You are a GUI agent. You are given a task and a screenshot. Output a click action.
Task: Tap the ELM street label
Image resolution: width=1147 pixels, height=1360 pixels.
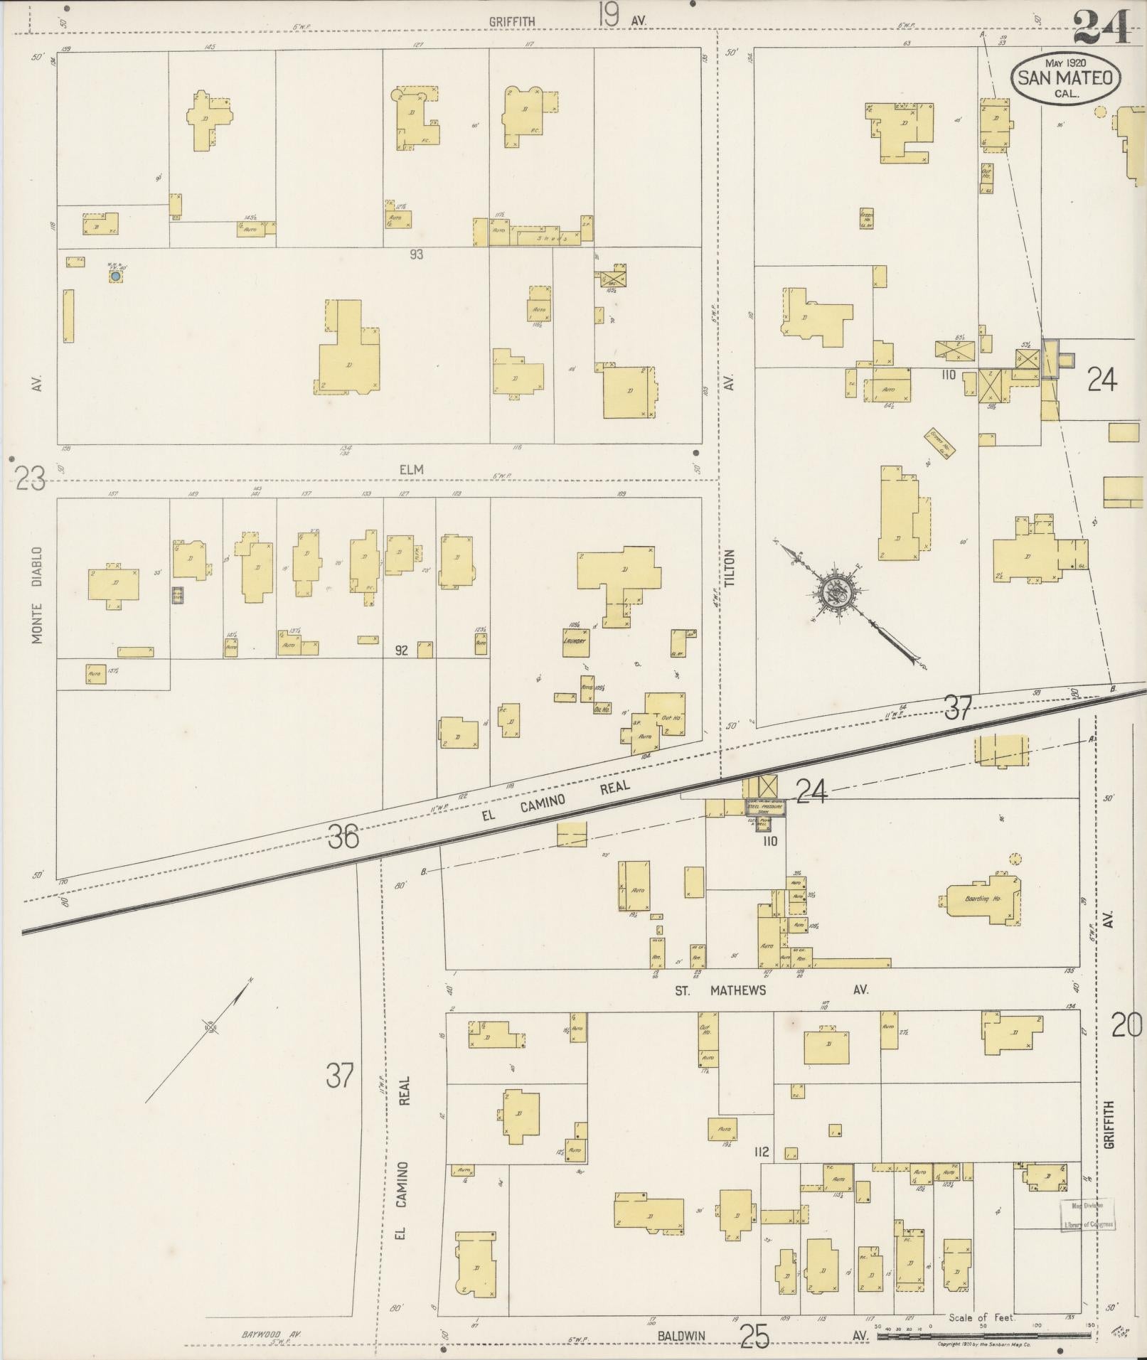pos(411,469)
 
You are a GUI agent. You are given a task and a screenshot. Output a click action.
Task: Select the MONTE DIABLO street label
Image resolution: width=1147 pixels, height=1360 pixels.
pos(37,595)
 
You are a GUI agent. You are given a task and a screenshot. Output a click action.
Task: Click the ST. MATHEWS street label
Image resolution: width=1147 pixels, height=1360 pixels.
pos(720,990)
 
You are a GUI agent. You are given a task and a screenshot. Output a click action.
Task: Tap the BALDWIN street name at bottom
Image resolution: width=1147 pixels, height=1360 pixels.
pos(681,1336)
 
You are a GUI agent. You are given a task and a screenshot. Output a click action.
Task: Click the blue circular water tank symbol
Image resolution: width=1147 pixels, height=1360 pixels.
pos(115,275)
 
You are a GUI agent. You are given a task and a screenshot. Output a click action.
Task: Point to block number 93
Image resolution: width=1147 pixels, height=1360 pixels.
pos(416,254)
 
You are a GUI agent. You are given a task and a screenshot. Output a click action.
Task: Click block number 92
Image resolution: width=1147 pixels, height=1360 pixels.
pos(401,650)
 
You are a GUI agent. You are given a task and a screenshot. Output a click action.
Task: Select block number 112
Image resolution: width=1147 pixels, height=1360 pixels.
pos(762,1151)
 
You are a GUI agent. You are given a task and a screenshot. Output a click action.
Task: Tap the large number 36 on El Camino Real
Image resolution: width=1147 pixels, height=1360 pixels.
pos(343,837)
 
